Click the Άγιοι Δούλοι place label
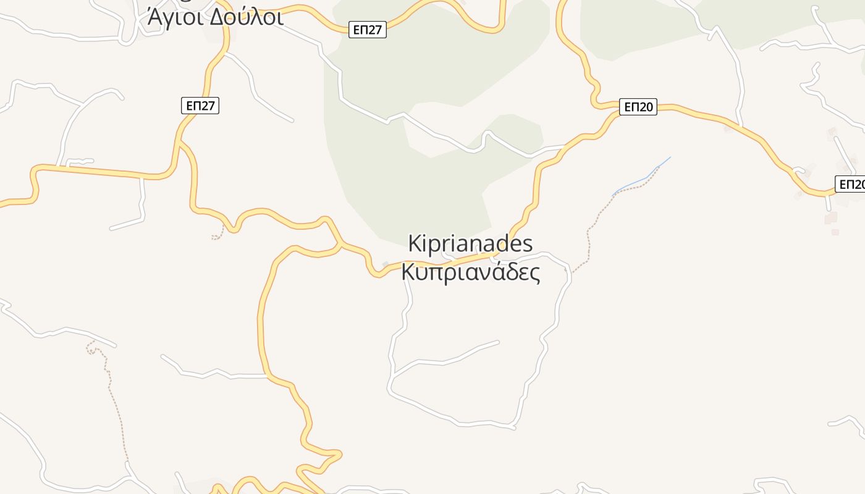click(215, 17)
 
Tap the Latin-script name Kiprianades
click(470, 243)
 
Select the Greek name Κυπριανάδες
click(471, 272)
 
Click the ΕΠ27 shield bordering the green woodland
click(368, 30)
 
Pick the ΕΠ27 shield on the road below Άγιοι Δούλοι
click(200, 106)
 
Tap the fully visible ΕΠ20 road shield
click(638, 107)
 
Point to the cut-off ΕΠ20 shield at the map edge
click(851, 184)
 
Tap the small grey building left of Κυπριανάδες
click(386, 264)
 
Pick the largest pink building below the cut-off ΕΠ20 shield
click(830, 217)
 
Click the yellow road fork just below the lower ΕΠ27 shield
click(180, 143)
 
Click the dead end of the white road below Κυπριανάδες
click(498, 341)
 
